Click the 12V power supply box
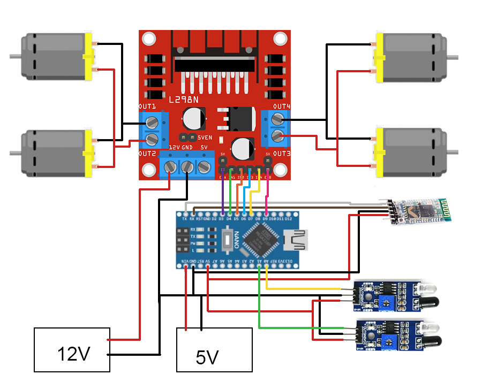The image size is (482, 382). point(72,350)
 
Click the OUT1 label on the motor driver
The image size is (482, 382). point(147,106)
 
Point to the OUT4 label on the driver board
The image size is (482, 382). point(282,106)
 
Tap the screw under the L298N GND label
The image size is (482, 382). point(187,167)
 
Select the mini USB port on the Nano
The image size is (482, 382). point(298,239)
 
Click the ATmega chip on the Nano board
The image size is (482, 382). point(259,239)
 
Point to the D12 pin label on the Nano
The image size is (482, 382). point(288,218)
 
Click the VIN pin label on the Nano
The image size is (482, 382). point(185,261)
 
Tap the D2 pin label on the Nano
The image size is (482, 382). point(214,218)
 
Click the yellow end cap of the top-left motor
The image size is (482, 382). point(89,56)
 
